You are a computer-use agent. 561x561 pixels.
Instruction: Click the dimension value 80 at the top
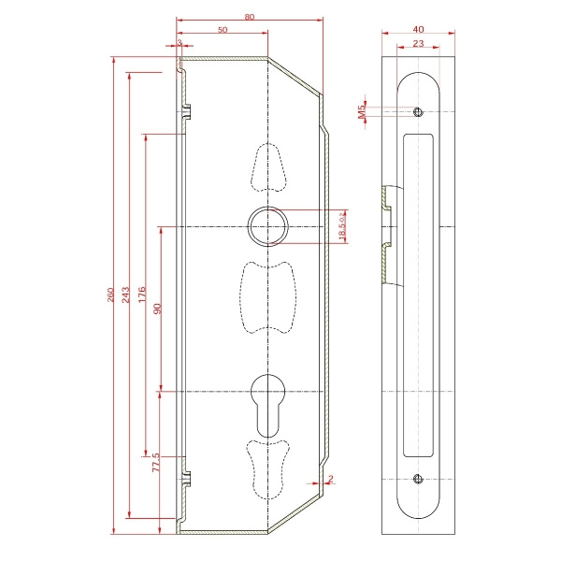click(x=249, y=16)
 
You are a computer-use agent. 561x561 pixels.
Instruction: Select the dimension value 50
click(x=223, y=30)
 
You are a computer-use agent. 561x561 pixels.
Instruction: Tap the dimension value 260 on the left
click(x=111, y=295)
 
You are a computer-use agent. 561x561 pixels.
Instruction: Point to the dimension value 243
click(x=126, y=295)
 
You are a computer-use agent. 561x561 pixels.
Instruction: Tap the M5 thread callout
click(x=361, y=113)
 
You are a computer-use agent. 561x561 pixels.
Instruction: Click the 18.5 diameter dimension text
click(x=343, y=225)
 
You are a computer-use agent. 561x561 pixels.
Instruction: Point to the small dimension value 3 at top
click(x=178, y=43)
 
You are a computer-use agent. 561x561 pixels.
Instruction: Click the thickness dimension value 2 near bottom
click(x=331, y=479)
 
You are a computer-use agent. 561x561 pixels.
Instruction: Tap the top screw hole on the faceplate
click(x=417, y=112)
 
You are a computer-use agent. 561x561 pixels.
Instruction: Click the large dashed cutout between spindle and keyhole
click(x=267, y=296)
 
